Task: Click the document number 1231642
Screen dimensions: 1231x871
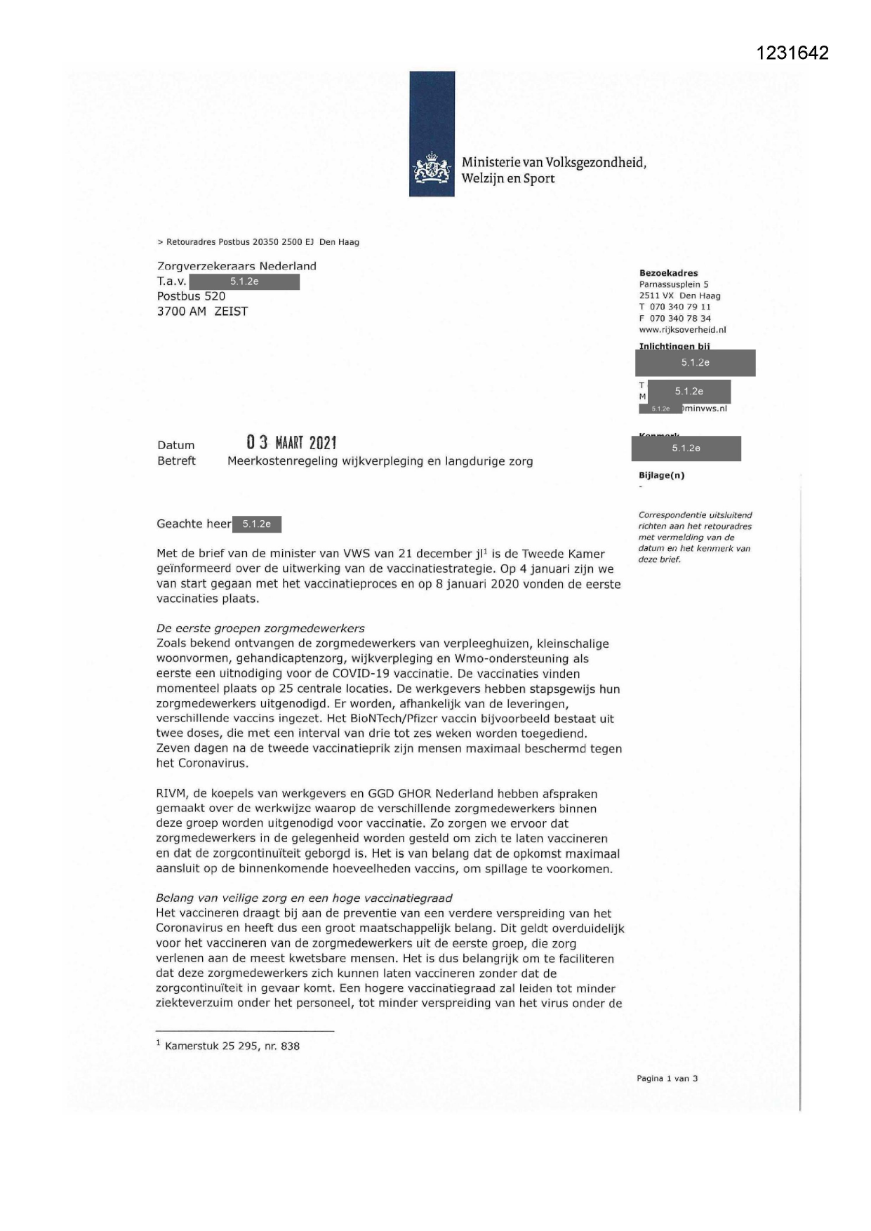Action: click(792, 53)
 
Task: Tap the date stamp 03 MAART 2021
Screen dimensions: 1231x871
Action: click(291, 443)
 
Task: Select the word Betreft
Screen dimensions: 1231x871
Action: click(176, 461)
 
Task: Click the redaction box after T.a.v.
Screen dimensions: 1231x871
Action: click(244, 281)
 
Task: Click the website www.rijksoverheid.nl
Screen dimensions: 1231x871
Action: click(682, 329)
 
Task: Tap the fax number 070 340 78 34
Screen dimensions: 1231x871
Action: click(679, 318)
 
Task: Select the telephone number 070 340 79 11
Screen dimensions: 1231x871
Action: click(679, 307)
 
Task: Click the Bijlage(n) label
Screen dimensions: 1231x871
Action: click(661, 475)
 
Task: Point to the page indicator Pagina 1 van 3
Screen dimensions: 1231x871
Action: click(667, 1079)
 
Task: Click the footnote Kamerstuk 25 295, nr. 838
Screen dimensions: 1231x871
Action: click(232, 1046)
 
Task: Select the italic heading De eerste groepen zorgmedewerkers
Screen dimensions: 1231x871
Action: click(260, 628)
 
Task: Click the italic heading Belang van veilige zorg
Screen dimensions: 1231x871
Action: click(304, 898)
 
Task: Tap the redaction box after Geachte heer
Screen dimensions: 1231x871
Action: click(256, 524)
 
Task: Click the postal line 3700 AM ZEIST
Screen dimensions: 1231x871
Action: click(202, 312)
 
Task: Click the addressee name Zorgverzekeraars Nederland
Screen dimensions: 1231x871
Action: click(237, 266)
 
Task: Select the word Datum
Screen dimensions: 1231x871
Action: click(175, 445)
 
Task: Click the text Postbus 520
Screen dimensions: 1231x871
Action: click(191, 296)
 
